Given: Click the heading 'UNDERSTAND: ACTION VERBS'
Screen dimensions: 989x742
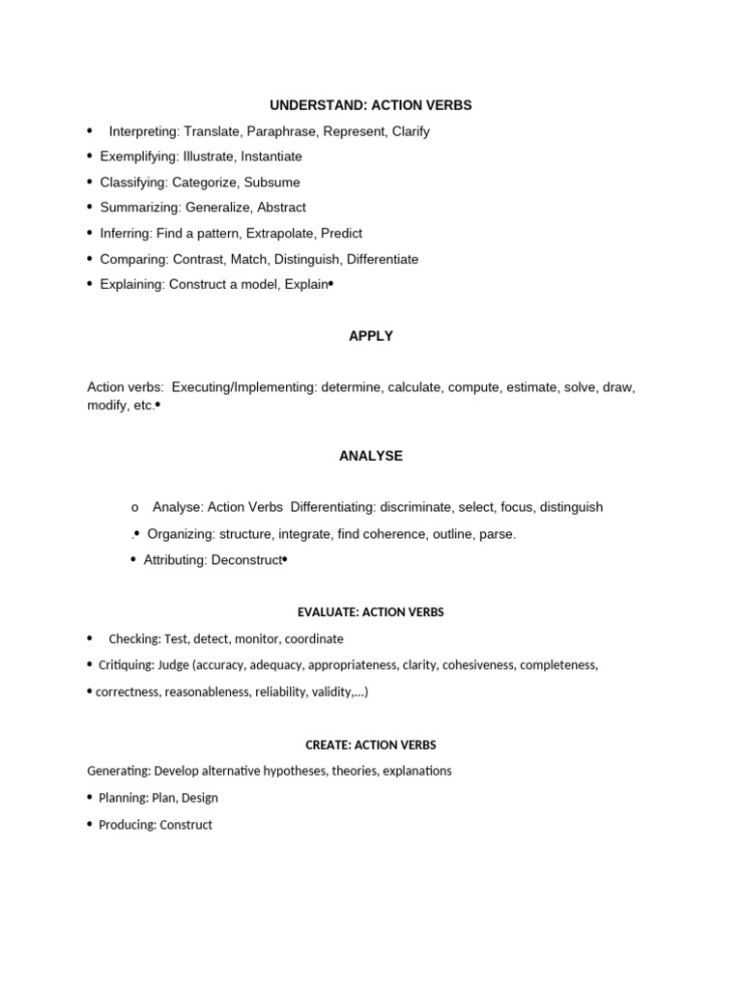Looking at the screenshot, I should [x=371, y=105].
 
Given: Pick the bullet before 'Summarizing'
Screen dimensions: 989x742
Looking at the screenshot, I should [x=90, y=207].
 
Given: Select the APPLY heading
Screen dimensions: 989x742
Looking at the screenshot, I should [x=371, y=336].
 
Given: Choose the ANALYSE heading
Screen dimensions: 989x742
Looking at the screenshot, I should [x=371, y=456].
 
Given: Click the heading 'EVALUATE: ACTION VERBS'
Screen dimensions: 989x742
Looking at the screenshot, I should [x=370, y=612].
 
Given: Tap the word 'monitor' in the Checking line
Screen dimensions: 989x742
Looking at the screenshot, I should [x=256, y=638].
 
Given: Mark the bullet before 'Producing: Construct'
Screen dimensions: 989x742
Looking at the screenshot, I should [x=90, y=824].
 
